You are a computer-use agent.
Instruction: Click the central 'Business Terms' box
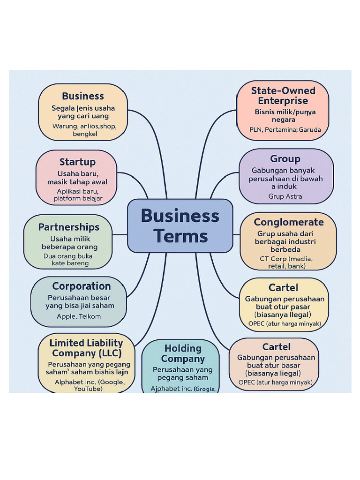[180, 226]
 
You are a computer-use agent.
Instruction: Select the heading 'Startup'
[77, 162]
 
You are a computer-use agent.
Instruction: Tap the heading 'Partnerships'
[69, 227]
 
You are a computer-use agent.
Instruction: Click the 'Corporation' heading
[82, 286]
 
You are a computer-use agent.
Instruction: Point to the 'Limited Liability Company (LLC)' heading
[86, 348]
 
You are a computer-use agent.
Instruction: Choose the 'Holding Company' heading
[183, 353]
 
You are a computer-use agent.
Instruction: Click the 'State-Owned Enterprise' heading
[283, 96]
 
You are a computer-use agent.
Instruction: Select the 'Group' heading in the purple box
[285, 159]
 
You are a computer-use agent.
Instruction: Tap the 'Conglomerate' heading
[289, 222]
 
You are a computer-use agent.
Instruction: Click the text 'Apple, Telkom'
[79, 316]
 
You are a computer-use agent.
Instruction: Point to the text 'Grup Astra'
[285, 196]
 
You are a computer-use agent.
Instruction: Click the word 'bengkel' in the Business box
[85, 134]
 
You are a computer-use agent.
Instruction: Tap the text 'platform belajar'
[78, 199]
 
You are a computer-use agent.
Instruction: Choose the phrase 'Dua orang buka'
[68, 256]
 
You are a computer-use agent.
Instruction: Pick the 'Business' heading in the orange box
[83, 96]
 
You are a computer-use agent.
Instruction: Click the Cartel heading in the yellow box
[283, 287]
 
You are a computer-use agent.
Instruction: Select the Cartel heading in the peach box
[277, 347]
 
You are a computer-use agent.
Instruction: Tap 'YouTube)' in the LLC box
[88, 389]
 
